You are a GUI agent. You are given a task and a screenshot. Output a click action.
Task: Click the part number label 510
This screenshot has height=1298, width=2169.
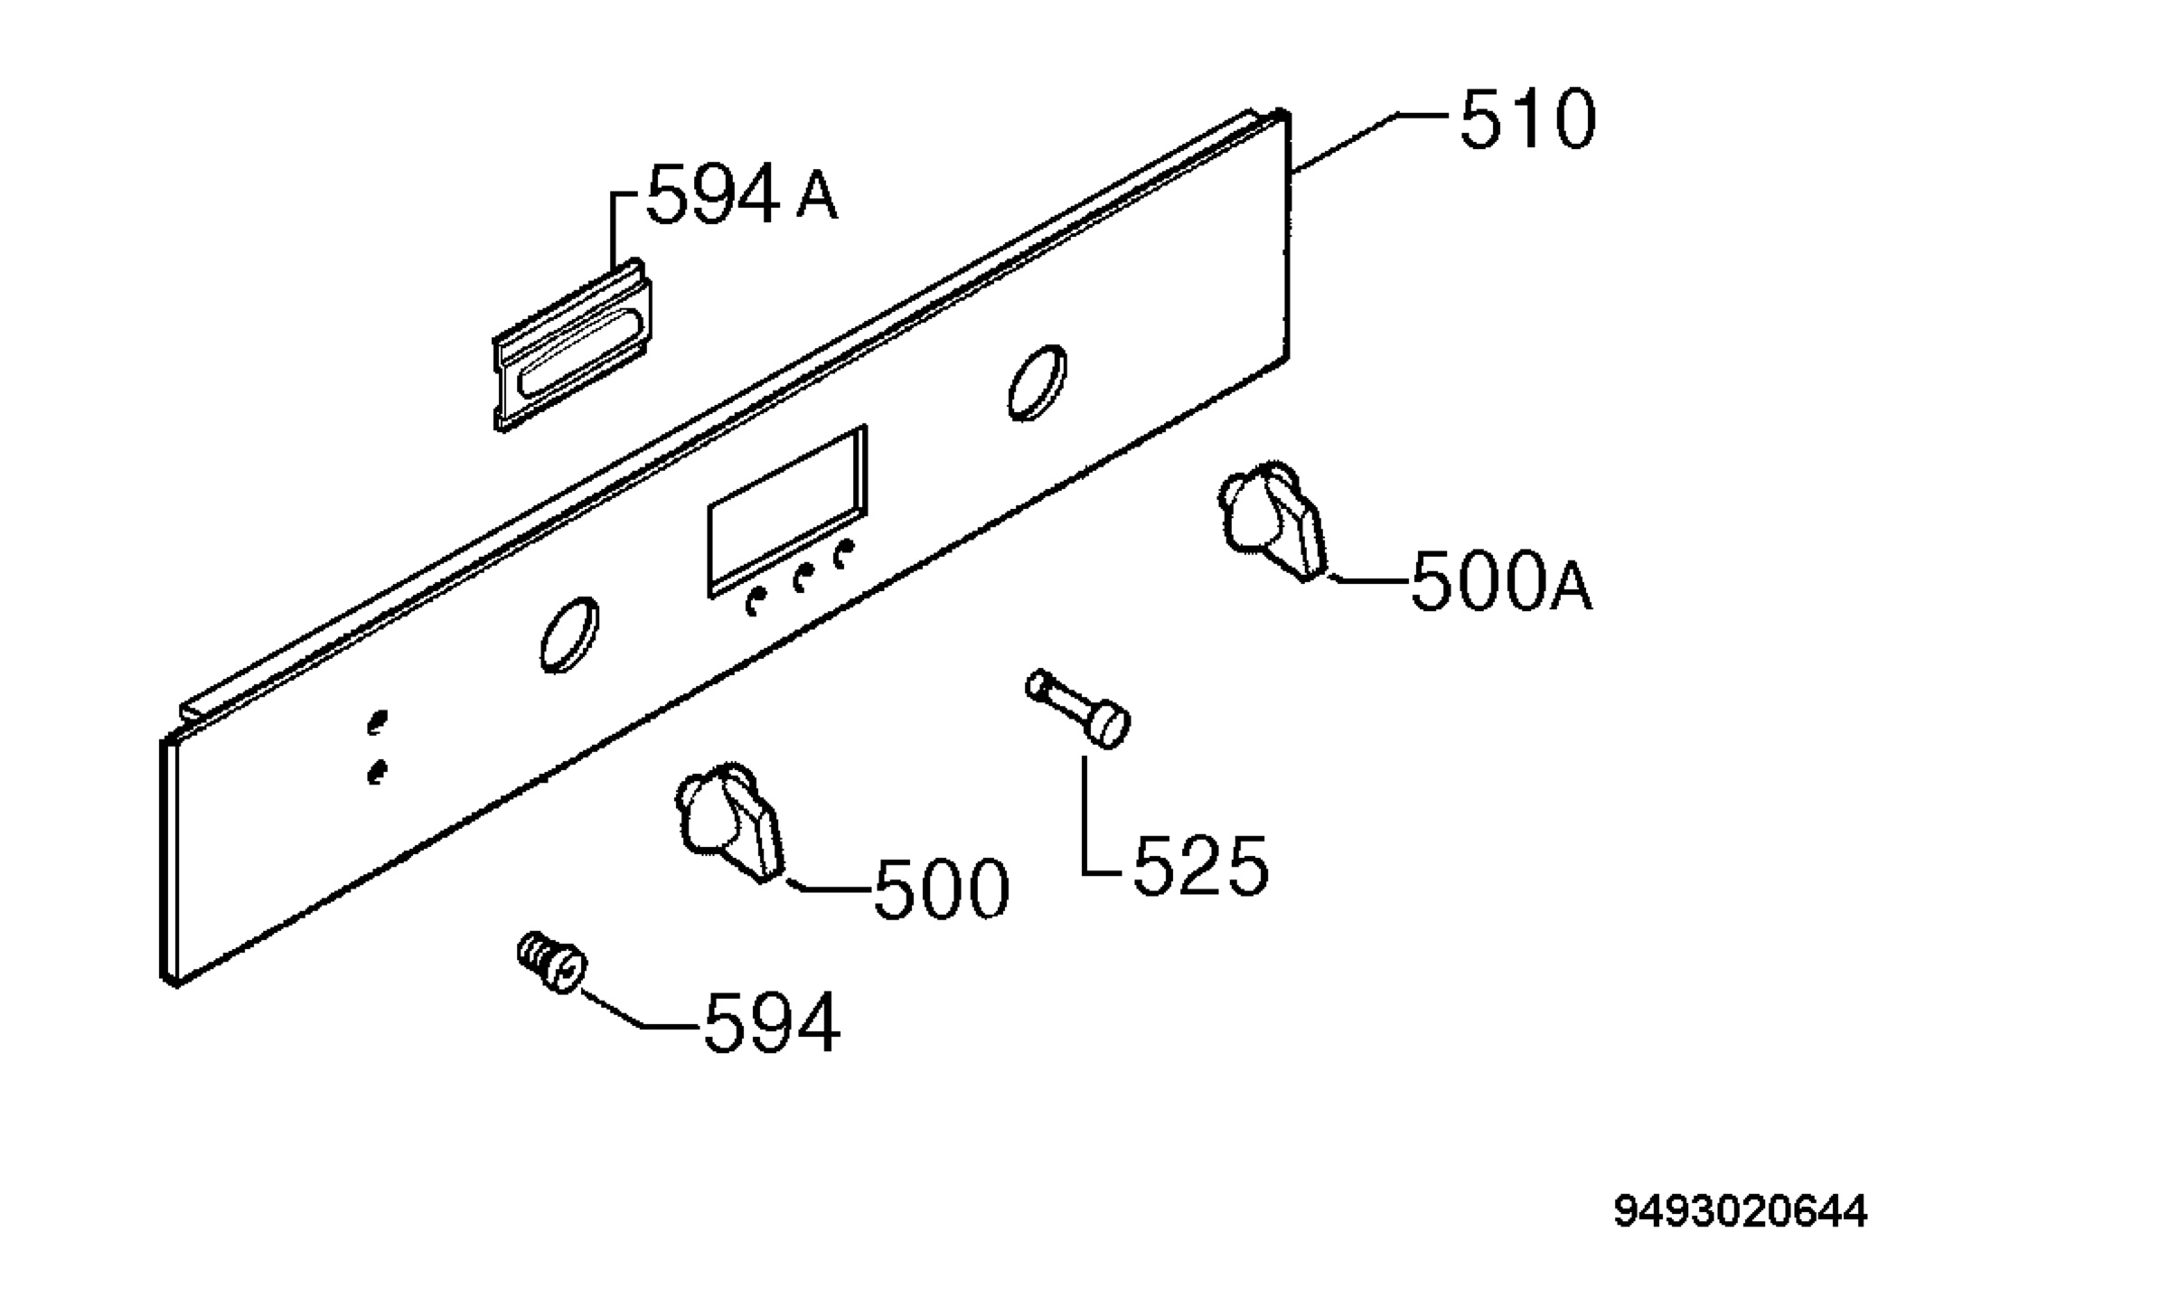tap(1527, 119)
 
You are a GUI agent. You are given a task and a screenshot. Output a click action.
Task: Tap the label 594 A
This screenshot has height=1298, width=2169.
tap(742, 193)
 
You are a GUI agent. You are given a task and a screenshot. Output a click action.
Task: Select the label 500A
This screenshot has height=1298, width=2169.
tap(1500, 582)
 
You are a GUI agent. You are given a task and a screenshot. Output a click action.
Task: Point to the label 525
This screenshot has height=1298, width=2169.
tap(1200, 866)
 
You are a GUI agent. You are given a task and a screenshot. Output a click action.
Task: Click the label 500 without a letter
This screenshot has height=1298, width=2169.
tap(941, 889)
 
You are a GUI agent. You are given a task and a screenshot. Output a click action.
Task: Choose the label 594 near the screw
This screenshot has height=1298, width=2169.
tap(772, 1023)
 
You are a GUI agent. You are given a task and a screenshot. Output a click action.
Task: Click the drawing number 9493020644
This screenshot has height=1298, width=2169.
tap(1740, 1212)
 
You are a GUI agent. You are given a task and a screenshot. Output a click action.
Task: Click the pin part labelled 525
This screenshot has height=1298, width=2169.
tap(1078, 709)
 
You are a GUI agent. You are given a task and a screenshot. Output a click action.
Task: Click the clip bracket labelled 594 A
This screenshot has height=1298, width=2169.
tap(573, 344)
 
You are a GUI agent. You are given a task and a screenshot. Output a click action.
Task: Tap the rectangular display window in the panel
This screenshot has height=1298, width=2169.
tap(787, 511)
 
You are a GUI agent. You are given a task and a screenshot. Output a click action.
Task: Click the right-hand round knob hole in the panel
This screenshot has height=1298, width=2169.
tap(1037, 382)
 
